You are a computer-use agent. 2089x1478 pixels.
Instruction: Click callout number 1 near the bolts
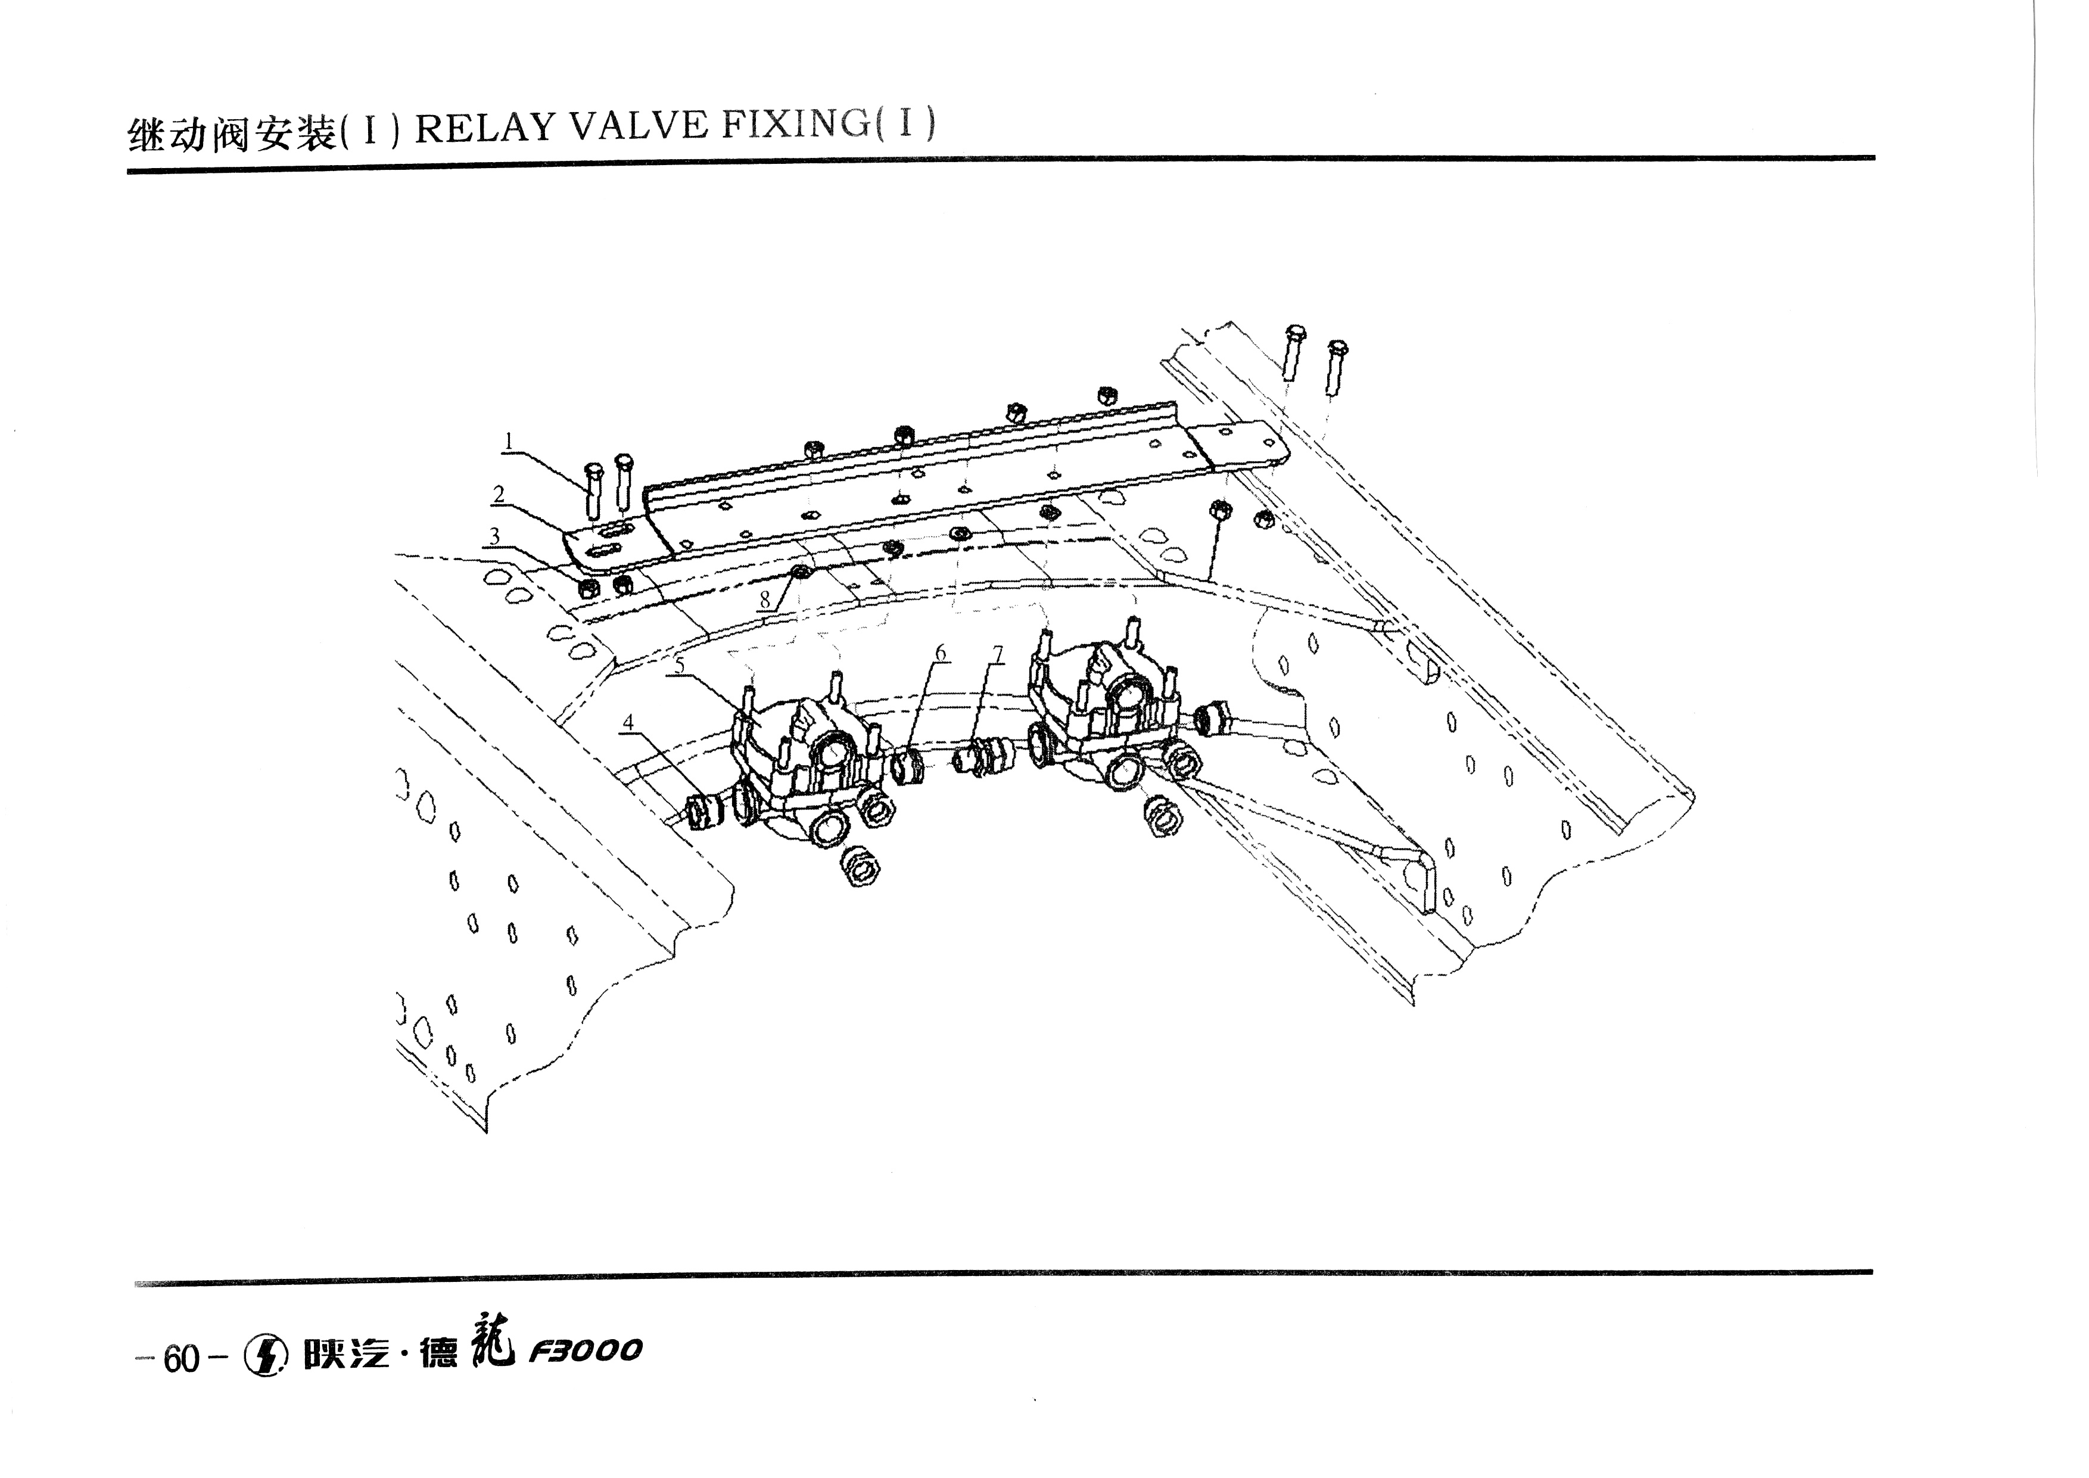509,442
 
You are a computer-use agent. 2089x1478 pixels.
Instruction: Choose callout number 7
998,654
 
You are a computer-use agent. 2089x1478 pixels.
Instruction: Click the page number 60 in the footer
182,1359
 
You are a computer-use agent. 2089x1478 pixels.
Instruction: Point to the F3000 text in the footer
585,1350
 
